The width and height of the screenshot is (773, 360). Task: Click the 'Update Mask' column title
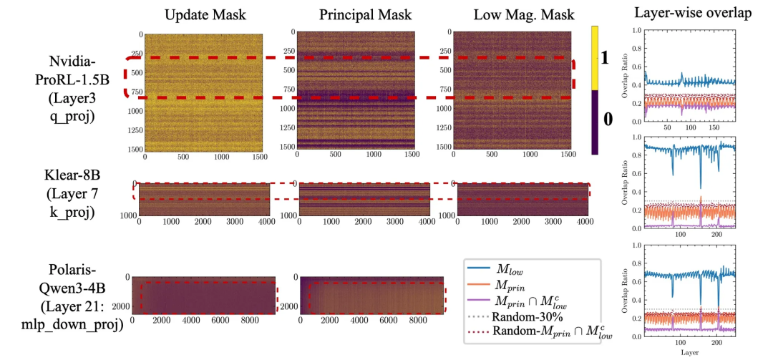click(203, 16)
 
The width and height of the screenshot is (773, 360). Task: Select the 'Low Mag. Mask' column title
click(509, 16)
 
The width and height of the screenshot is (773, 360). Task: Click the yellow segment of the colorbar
click(595, 57)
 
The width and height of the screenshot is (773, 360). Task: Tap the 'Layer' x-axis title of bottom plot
click(689, 352)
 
